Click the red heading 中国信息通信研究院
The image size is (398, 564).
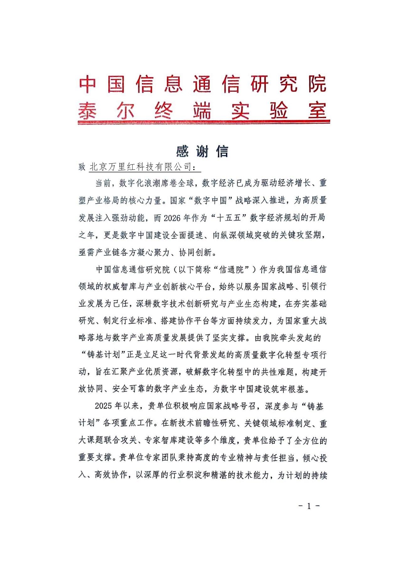point(202,84)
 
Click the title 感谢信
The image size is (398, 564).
point(202,152)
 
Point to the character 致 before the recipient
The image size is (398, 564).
point(82,167)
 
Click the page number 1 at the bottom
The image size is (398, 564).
point(309,506)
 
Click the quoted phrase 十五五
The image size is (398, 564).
point(228,218)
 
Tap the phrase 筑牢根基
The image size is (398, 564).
point(288,389)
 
